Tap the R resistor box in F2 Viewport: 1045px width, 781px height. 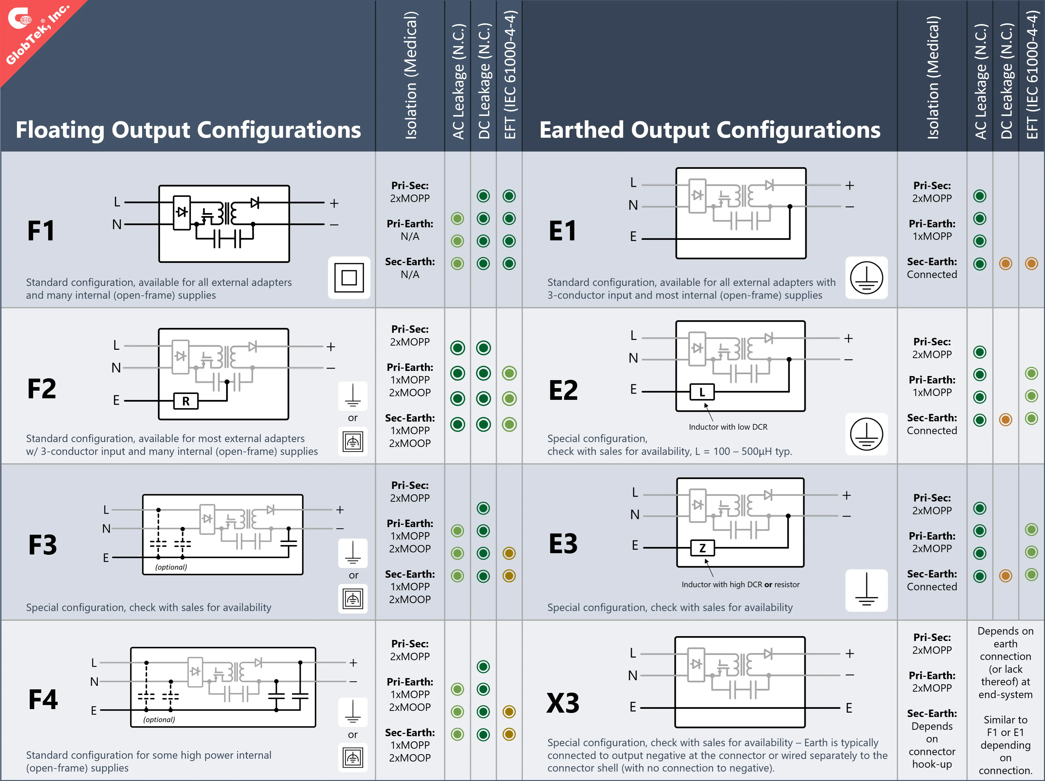(x=186, y=401)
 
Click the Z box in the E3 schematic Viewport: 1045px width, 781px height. (x=702, y=548)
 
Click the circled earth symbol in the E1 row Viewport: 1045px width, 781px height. (x=866, y=278)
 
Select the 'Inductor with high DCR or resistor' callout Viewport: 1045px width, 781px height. (x=740, y=584)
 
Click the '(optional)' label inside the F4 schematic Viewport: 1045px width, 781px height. (x=159, y=720)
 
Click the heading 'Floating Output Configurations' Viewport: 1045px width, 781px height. (x=188, y=130)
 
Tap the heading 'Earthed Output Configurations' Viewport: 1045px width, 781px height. (x=710, y=130)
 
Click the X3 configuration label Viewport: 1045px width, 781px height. (x=563, y=703)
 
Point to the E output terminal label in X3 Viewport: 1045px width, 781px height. (x=849, y=708)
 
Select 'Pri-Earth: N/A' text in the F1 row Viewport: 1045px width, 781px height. (x=410, y=230)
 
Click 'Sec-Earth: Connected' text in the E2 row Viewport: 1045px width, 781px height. (x=932, y=424)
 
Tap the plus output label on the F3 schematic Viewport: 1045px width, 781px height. (x=340, y=510)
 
